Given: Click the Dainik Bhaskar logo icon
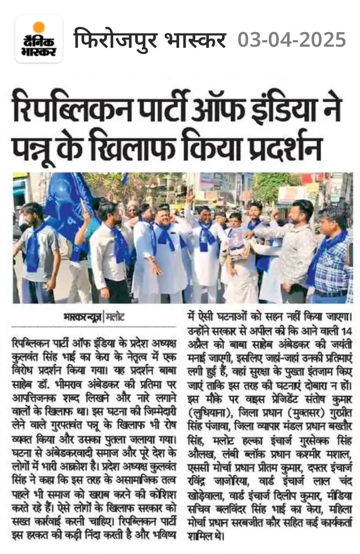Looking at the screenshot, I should click(38, 39).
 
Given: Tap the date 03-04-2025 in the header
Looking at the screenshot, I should click(292, 40).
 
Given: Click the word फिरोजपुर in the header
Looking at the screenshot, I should click(115, 40).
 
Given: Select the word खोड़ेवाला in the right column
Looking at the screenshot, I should click(204, 495).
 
